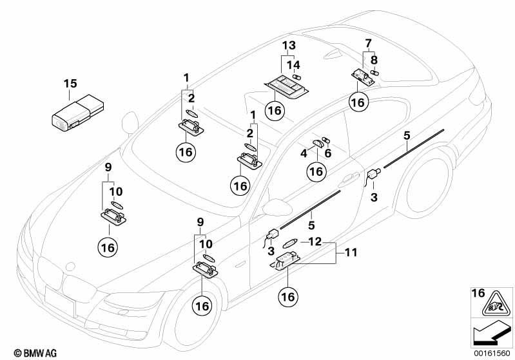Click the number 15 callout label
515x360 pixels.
70,83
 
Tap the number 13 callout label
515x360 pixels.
289,45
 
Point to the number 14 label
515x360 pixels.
293,65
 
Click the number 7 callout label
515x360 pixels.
368,43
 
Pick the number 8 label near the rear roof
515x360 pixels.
374,60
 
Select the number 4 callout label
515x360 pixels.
304,153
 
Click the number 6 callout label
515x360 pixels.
328,153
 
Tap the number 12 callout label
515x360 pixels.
315,242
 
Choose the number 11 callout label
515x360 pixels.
351,252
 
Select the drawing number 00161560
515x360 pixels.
492,354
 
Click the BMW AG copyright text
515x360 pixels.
35,354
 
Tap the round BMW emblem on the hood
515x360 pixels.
70,266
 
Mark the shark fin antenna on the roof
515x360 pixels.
333,55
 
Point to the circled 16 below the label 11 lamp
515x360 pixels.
288,297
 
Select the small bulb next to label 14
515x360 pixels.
297,77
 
